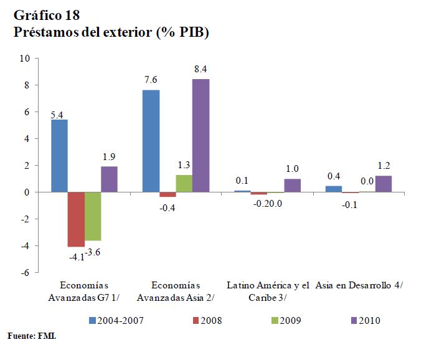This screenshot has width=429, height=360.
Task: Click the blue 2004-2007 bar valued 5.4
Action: click(x=59, y=156)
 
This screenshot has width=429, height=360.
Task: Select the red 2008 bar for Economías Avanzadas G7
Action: click(x=76, y=219)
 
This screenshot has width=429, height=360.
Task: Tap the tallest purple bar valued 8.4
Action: click(x=200, y=136)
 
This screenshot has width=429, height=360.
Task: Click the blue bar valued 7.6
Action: click(x=151, y=141)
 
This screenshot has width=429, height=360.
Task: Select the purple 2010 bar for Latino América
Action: click(x=293, y=186)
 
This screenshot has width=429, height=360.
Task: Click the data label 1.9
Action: click(x=109, y=158)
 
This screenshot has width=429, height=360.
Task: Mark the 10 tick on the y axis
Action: click(x=25, y=59)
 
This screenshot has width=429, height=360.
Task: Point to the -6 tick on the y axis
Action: click(x=25, y=273)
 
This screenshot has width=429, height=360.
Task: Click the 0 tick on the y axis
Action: click(x=27, y=192)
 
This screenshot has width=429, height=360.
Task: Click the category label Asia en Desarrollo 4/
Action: click(x=359, y=285)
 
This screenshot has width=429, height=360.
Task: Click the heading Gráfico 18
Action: click(x=46, y=14)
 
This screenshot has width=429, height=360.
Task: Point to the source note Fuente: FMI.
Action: click(x=32, y=336)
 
